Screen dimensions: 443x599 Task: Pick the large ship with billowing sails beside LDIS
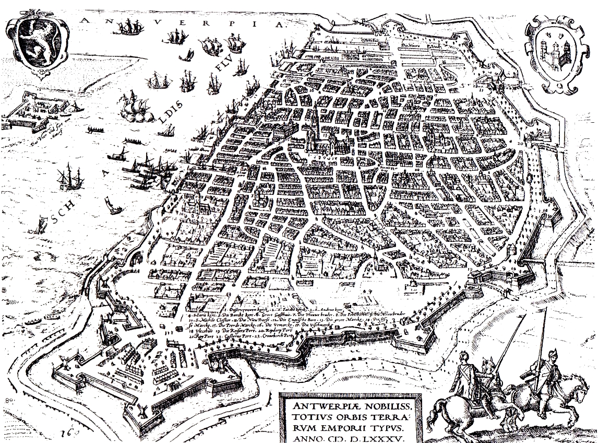135,107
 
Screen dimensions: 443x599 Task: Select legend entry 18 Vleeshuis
205,331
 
